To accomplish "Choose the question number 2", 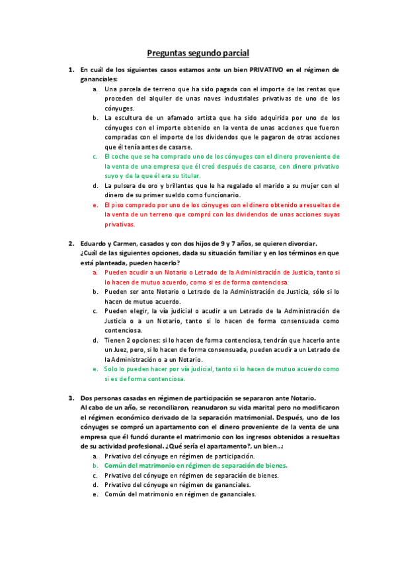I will [71, 243].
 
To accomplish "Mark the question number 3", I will [71, 398].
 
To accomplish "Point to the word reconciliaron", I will [157, 408].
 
